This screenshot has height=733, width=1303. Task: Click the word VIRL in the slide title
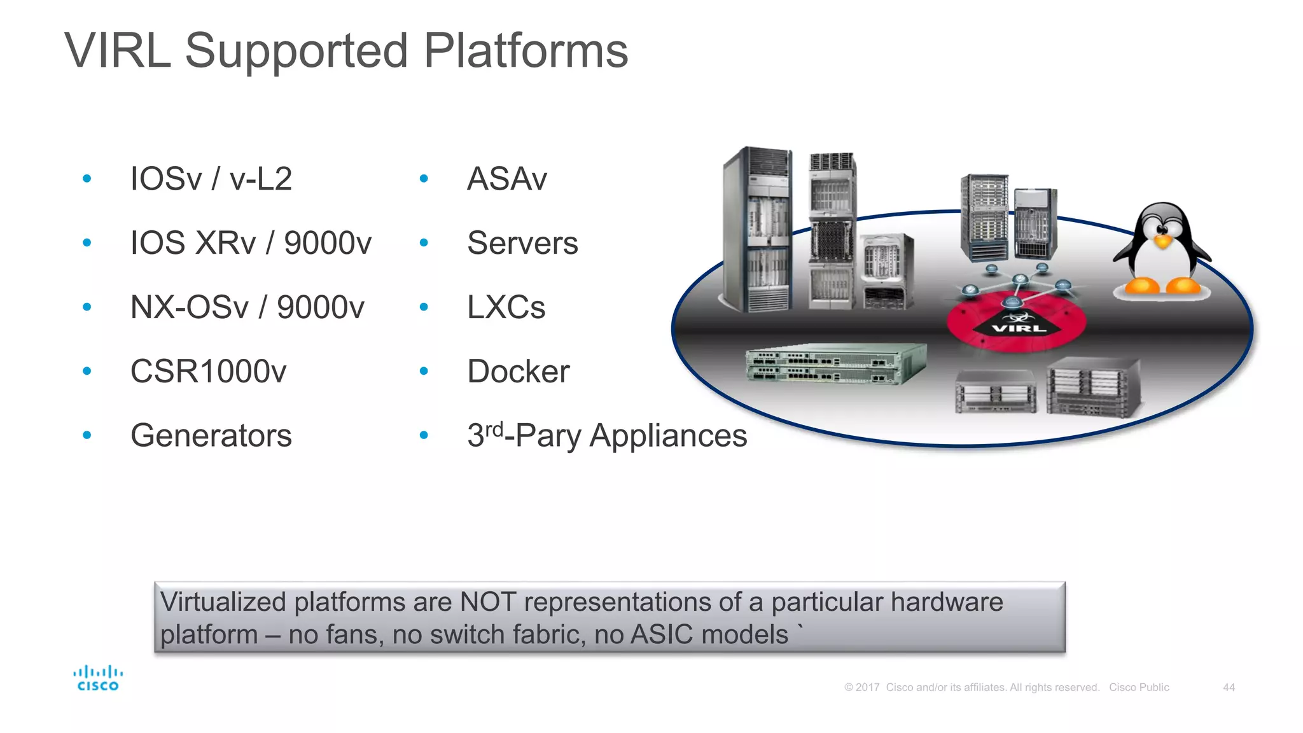click(x=118, y=51)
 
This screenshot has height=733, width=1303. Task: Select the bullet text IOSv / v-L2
click(x=211, y=179)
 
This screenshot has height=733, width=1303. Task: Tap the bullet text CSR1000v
click(x=208, y=372)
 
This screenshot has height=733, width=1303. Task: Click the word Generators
click(x=211, y=436)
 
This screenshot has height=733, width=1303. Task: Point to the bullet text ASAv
click(x=506, y=179)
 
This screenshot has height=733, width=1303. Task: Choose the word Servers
click(x=522, y=243)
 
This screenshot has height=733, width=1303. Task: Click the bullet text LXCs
click(x=506, y=307)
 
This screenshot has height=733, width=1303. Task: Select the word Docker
click(x=518, y=372)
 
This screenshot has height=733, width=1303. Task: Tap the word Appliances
click(x=668, y=436)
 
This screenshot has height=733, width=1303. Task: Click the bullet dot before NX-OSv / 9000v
click(x=87, y=307)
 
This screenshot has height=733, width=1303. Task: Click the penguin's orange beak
click(x=1162, y=242)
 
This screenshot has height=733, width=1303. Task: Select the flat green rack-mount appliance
click(x=835, y=364)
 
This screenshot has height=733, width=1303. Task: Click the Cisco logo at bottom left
click(x=97, y=678)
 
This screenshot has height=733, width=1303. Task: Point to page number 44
click(x=1229, y=688)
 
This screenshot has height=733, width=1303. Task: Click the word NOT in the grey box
click(x=487, y=602)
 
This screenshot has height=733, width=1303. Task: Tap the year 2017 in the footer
click(x=867, y=688)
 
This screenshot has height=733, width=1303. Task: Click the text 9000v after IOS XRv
click(x=328, y=243)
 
